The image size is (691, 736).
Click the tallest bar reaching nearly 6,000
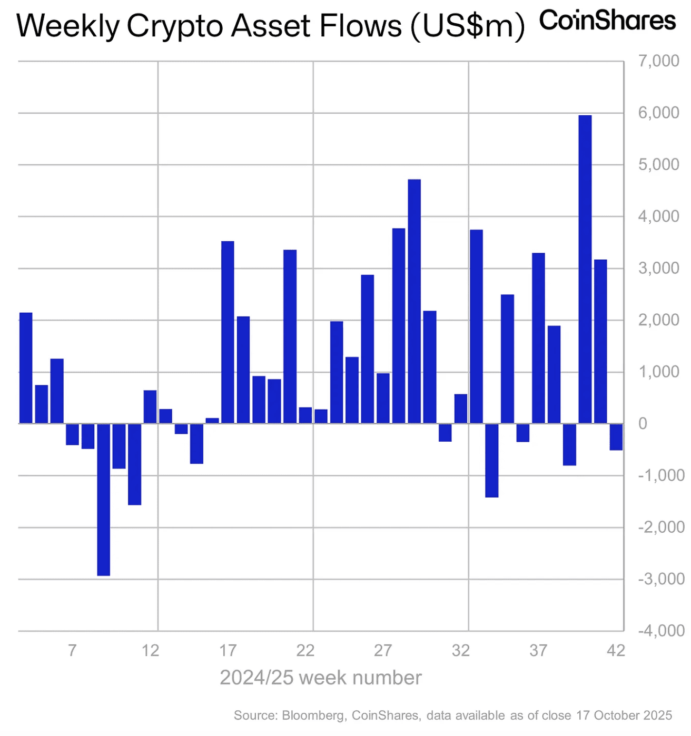point(585,268)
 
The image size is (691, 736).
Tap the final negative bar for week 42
point(616,436)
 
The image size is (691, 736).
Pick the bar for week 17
point(228,332)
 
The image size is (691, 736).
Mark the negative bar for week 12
point(134,464)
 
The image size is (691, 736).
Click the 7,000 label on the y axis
point(658,61)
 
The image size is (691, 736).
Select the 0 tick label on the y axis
point(643,424)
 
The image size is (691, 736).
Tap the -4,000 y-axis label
point(661,631)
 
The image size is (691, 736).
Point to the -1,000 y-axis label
point(661,475)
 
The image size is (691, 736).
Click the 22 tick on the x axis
point(305,651)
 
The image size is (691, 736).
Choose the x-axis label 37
point(538,651)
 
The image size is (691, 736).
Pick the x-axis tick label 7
point(72,651)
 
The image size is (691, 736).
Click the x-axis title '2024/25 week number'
point(320,678)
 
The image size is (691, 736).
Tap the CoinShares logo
point(607,21)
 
